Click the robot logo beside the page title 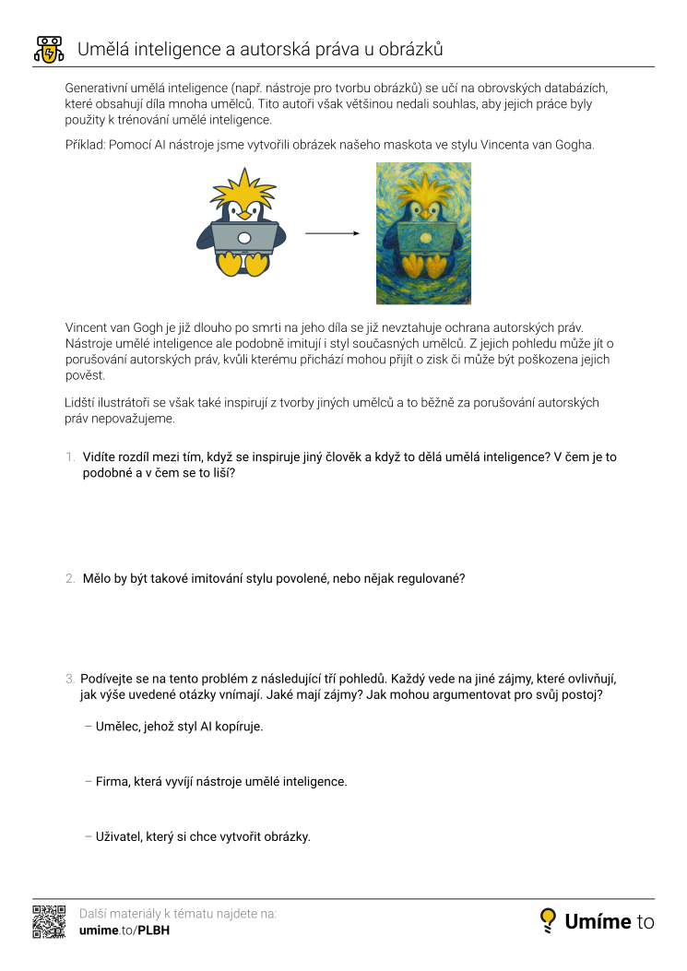pos(48,50)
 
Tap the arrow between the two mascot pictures pos(332,234)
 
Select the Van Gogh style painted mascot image pos(423,233)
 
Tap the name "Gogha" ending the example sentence pos(574,145)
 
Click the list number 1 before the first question pos(70,456)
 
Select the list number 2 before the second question pos(70,579)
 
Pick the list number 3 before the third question pos(70,679)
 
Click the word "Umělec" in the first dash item pos(118,727)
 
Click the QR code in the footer pos(49,921)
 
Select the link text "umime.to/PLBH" pos(124,930)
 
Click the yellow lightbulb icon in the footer pos(549,919)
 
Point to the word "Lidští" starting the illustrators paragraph pos(81,402)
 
